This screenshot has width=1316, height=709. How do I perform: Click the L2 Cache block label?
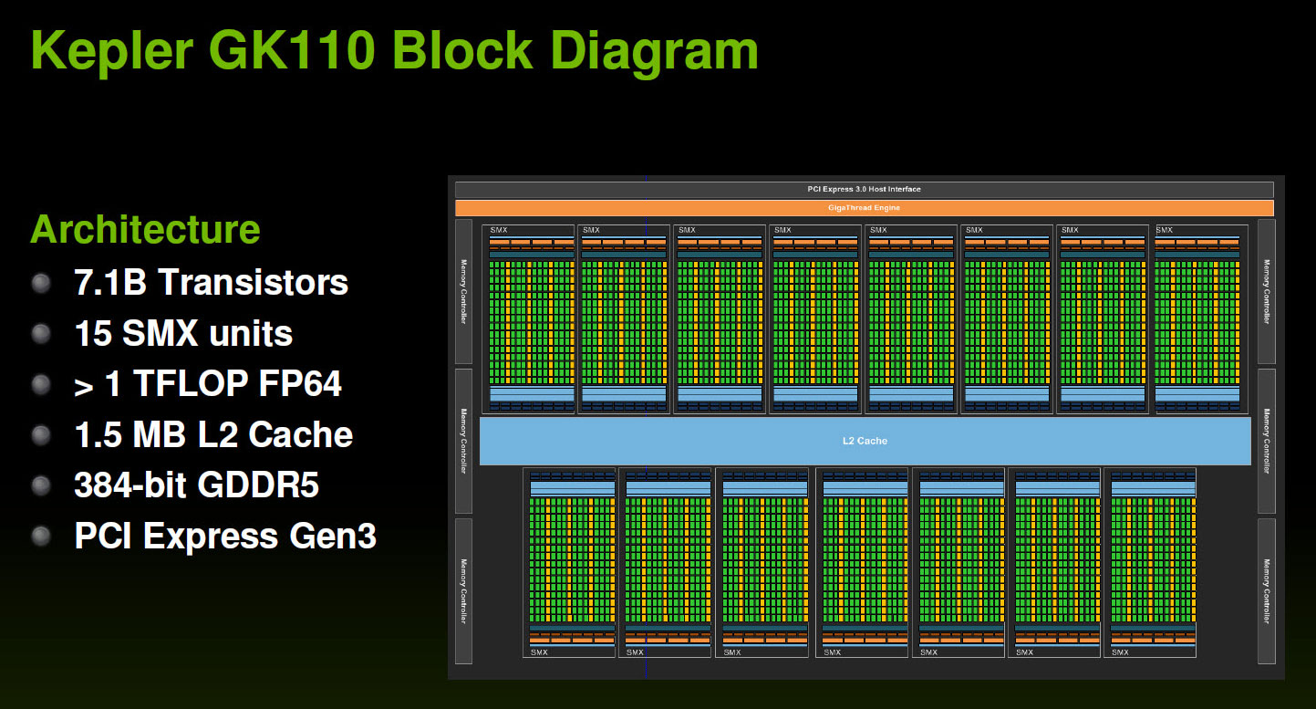click(x=865, y=441)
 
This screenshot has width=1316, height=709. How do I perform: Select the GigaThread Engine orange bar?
click(x=864, y=208)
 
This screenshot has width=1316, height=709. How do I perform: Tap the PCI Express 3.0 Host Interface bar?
click(x=864, y=190)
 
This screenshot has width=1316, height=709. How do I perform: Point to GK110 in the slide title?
click(x=293, y=50)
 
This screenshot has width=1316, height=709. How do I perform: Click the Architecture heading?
click(x=145, y=229)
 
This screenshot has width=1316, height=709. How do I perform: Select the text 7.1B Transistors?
click(x=212, y=283)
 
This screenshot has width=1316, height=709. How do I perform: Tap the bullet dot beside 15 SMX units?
click(x=41, y=334)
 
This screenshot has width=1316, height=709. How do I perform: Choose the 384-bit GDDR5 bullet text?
click(x=197, y=485)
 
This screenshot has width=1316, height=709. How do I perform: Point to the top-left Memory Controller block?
click(x=463, y=292)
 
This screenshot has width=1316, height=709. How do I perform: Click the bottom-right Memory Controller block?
click(x=1266, y=591)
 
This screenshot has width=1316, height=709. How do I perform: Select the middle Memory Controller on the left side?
click(x=463, y=441)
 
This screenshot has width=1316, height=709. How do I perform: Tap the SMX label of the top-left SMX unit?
click(x=499, y=230)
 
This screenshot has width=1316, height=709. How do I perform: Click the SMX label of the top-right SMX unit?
click(x=1164, y=230)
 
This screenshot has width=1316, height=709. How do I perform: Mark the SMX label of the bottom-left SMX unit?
click(x=539, y=652)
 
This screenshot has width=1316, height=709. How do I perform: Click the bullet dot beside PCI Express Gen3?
click(x=41, y=536)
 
